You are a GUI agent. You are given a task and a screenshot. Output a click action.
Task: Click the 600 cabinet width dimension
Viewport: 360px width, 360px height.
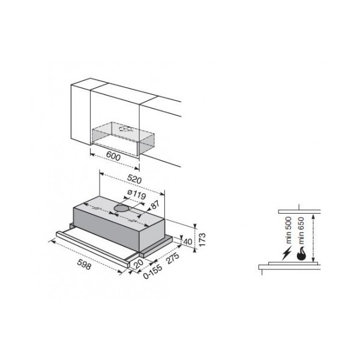point(113,157)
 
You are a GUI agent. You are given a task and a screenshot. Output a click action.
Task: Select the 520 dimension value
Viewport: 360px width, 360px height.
point(134,179)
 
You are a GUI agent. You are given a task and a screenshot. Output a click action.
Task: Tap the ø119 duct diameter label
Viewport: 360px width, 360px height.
point(136,195)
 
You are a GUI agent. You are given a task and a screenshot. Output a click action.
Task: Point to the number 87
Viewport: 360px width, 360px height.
point(155,205)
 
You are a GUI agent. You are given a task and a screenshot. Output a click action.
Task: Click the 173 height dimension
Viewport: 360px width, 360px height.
point(202,239)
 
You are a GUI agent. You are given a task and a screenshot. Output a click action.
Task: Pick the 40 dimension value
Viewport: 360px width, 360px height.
point(188,242)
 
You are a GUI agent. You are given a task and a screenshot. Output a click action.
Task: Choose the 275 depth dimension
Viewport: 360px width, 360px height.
point(172,259)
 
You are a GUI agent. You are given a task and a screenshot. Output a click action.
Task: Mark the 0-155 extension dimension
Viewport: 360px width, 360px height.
point(152,272)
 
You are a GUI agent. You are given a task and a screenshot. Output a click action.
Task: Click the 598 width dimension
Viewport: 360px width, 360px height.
point(84,264)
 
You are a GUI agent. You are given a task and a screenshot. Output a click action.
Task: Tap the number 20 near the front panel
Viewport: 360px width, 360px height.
point(138,264)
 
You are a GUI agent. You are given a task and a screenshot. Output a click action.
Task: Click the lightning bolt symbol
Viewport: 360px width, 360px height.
point(287,253)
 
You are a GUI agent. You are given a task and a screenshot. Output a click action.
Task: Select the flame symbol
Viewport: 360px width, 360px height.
point(301,254)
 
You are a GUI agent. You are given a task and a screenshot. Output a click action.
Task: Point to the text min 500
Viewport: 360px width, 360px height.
point(288,230)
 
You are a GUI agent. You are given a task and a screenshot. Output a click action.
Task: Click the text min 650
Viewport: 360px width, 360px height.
point(301,230)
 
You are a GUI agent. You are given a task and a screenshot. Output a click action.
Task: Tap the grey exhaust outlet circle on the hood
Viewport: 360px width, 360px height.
point(122,208)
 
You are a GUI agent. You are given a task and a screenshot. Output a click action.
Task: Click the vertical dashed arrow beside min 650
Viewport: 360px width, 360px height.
point(313,238)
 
